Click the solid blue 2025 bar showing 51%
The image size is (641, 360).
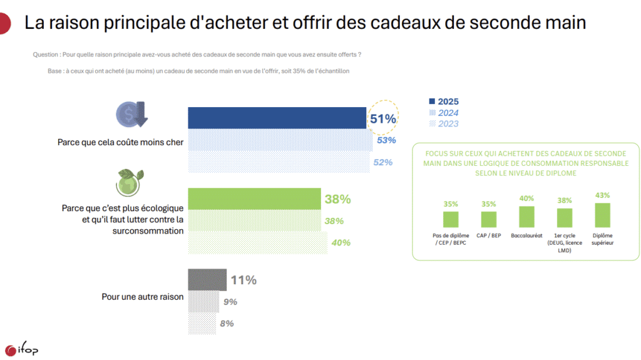coord(277,118)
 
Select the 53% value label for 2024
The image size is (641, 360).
coord(386,140)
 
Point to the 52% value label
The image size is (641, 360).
coord(382,162)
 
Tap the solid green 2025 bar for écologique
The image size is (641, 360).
coord(255,199)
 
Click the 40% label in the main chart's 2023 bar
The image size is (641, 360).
coord(341,242)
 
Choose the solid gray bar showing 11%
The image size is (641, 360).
coord(207,280)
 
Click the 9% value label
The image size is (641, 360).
coord(230,302)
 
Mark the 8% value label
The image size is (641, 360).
coord(227,323)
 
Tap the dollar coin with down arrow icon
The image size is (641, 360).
coord(131,115)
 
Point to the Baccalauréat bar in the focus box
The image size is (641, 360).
coord(526,216)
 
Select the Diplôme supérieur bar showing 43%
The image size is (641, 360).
coord(602,215)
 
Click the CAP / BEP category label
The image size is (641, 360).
coord(488,235)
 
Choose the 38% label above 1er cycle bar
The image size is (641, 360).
coord(564,201)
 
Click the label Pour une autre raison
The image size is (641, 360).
coord(142,296)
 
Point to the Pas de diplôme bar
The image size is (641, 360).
coord(451,219)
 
